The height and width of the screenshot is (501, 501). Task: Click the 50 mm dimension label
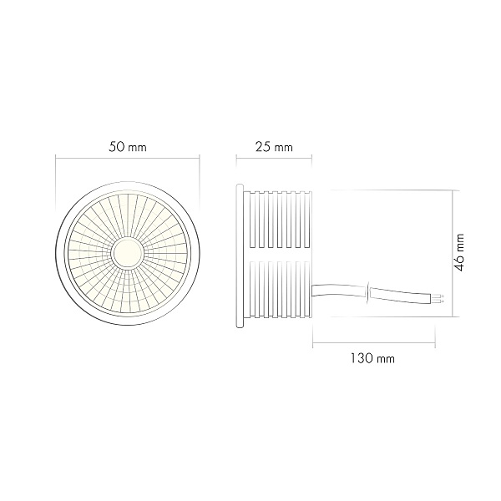[x=128, y=147]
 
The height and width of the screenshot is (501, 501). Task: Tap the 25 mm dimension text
[x=273, y=147]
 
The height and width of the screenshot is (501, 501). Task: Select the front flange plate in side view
[x=242, y=250]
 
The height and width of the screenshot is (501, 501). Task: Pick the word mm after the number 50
[x=139, y=147]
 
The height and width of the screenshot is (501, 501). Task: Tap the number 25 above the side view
[x=261, y=147]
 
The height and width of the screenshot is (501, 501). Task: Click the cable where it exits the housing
[x=316, y=289]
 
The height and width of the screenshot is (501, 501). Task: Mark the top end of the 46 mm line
[x=452, y=190]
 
